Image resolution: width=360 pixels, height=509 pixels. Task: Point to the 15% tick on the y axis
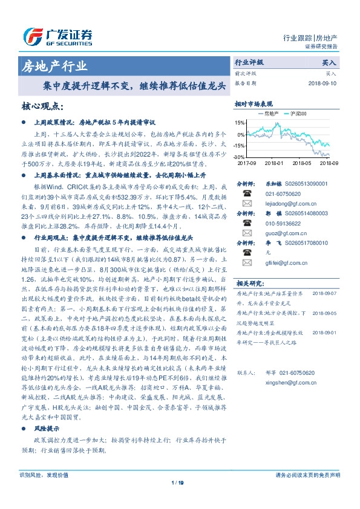point(241,120)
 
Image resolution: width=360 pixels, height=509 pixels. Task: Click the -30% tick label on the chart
point(240,157)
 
